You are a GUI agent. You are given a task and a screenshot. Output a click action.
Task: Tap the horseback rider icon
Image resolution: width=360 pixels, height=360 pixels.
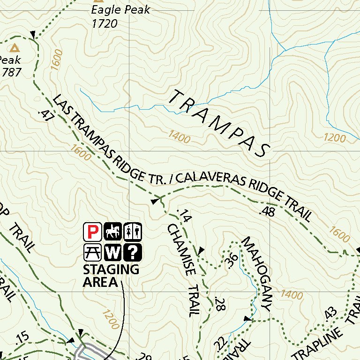(x=113, y=231)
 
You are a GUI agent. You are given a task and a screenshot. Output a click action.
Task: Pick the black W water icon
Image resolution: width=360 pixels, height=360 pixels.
(x=113, y=252)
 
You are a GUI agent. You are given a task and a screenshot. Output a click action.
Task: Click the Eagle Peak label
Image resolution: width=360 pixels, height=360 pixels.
(x=120, y=10)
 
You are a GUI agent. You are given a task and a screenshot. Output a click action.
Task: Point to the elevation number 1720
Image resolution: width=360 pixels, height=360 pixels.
(x=105, y=23)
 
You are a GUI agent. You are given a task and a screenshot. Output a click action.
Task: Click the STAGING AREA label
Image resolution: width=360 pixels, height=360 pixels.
(x=111, y=276)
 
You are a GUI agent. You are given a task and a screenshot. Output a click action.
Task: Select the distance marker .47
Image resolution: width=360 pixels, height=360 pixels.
(x=45, y=115)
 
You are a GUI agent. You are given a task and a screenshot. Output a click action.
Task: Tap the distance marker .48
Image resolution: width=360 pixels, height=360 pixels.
(x=266, y=212)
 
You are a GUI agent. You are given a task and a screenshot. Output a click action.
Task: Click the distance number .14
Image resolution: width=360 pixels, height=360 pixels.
(x=185, y=216)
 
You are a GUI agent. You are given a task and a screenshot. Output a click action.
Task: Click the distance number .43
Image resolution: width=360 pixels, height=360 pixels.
(x=330, y=313)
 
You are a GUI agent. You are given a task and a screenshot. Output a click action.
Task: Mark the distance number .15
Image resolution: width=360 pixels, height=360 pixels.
(x=22, y=337)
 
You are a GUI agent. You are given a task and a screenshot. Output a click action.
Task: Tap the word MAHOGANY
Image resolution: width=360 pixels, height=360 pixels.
(x=257, y=274)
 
